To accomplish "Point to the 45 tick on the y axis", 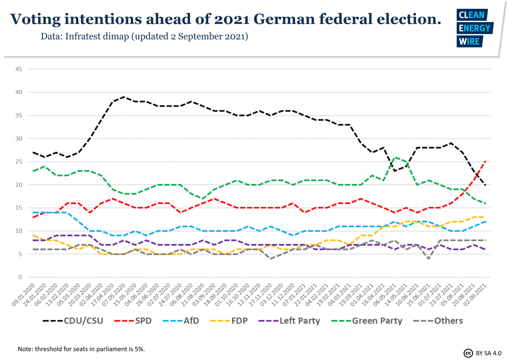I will coord(19,69).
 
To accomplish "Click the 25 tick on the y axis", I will coord(19,162).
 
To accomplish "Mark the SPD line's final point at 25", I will coord(486,161).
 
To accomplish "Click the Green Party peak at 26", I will coord(395,157).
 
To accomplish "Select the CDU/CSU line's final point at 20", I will coord(486,185).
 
